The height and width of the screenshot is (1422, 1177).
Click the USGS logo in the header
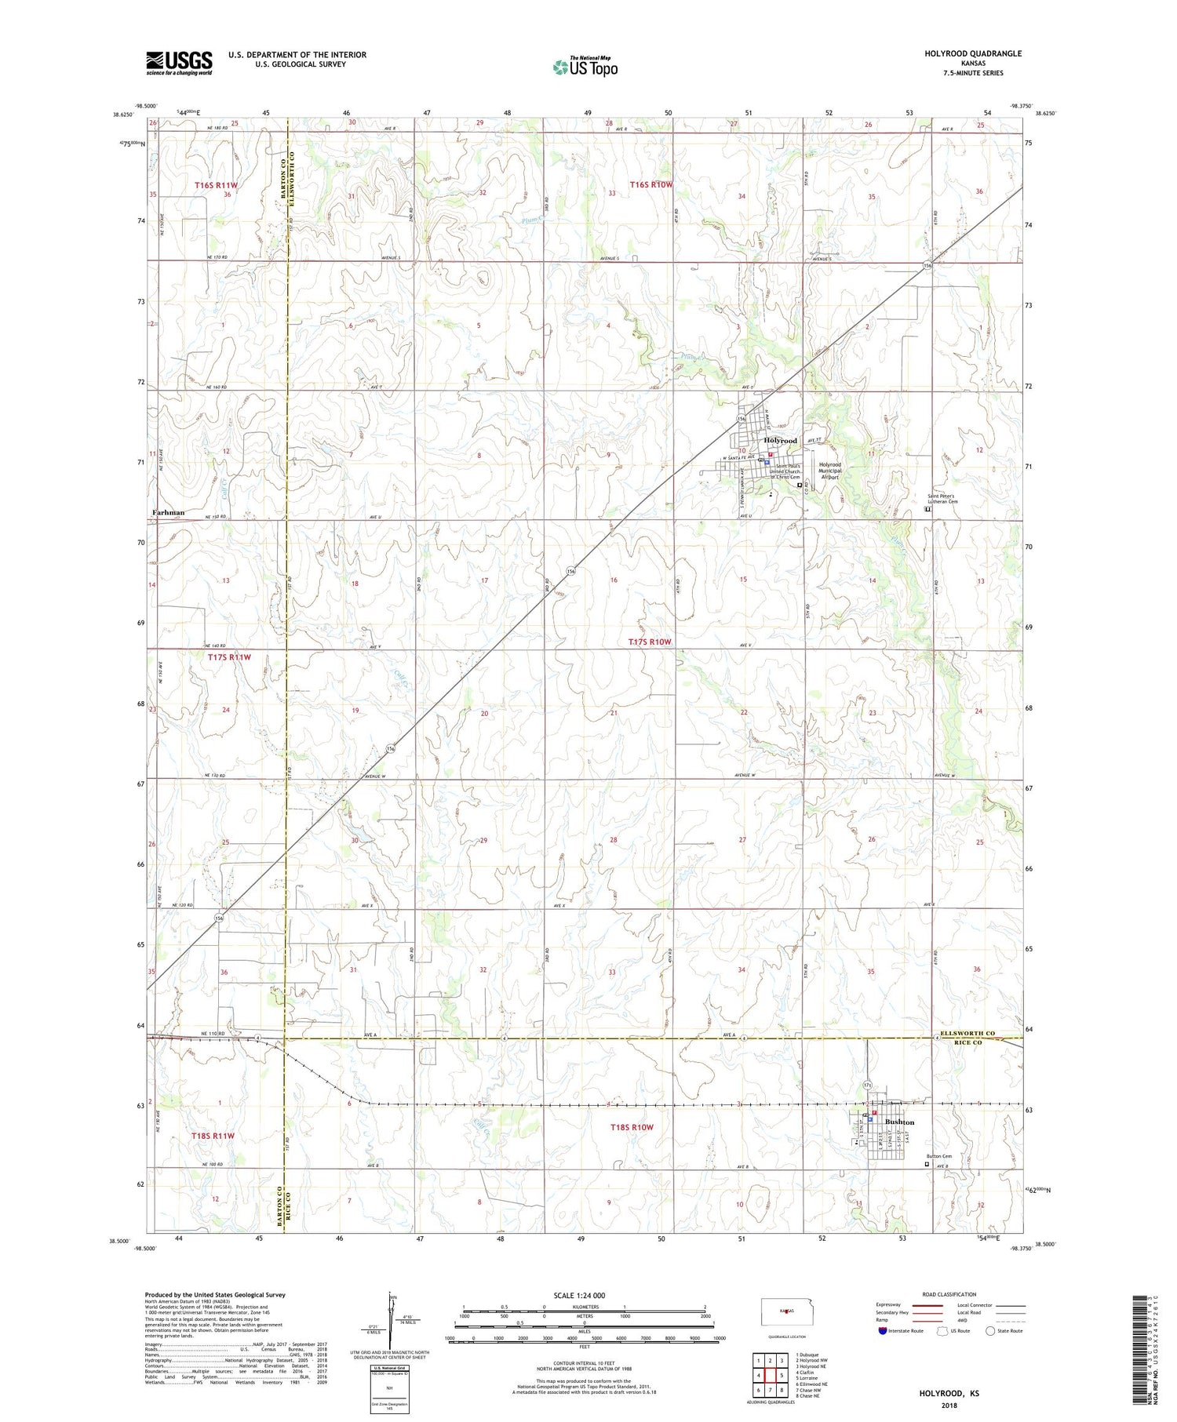point(179,63)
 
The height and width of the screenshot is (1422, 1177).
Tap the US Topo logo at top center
point(585,67)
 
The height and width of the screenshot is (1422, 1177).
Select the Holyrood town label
point(780,441)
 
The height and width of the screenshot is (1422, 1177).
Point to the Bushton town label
point(899,1122)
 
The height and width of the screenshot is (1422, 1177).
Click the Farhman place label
point(169,512)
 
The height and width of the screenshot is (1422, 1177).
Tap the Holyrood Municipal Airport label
point(830,471)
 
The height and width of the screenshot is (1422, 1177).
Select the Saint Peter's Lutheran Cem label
point(954,499)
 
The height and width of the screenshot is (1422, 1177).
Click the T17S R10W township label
point(650,642)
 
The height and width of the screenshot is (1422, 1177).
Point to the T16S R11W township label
point(216,185)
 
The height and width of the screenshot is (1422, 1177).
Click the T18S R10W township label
point(632,1127)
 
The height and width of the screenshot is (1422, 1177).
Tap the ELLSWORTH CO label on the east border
point(967,1033)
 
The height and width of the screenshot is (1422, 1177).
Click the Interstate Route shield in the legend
point(883,1331)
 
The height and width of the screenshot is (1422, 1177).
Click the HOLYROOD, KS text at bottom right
point(949,1393)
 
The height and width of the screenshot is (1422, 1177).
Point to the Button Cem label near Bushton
point(938,1156)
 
